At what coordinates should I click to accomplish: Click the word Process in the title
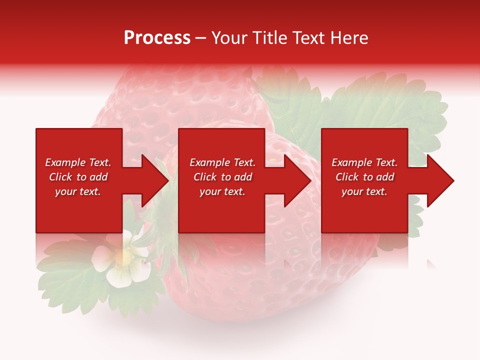tap(157, 38)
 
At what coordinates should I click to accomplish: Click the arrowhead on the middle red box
tap(294, 180)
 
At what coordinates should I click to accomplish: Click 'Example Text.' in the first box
tap(78, 162)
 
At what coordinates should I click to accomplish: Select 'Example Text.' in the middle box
tap(222, 162)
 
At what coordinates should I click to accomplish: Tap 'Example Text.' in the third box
tap(364, 162)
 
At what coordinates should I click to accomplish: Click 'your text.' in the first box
tap(78, 191)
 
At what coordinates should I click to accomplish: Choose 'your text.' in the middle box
tap(222, 191)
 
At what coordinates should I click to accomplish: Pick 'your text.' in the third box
tap(364, 191)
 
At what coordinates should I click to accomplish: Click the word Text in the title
tap(307, 38)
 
